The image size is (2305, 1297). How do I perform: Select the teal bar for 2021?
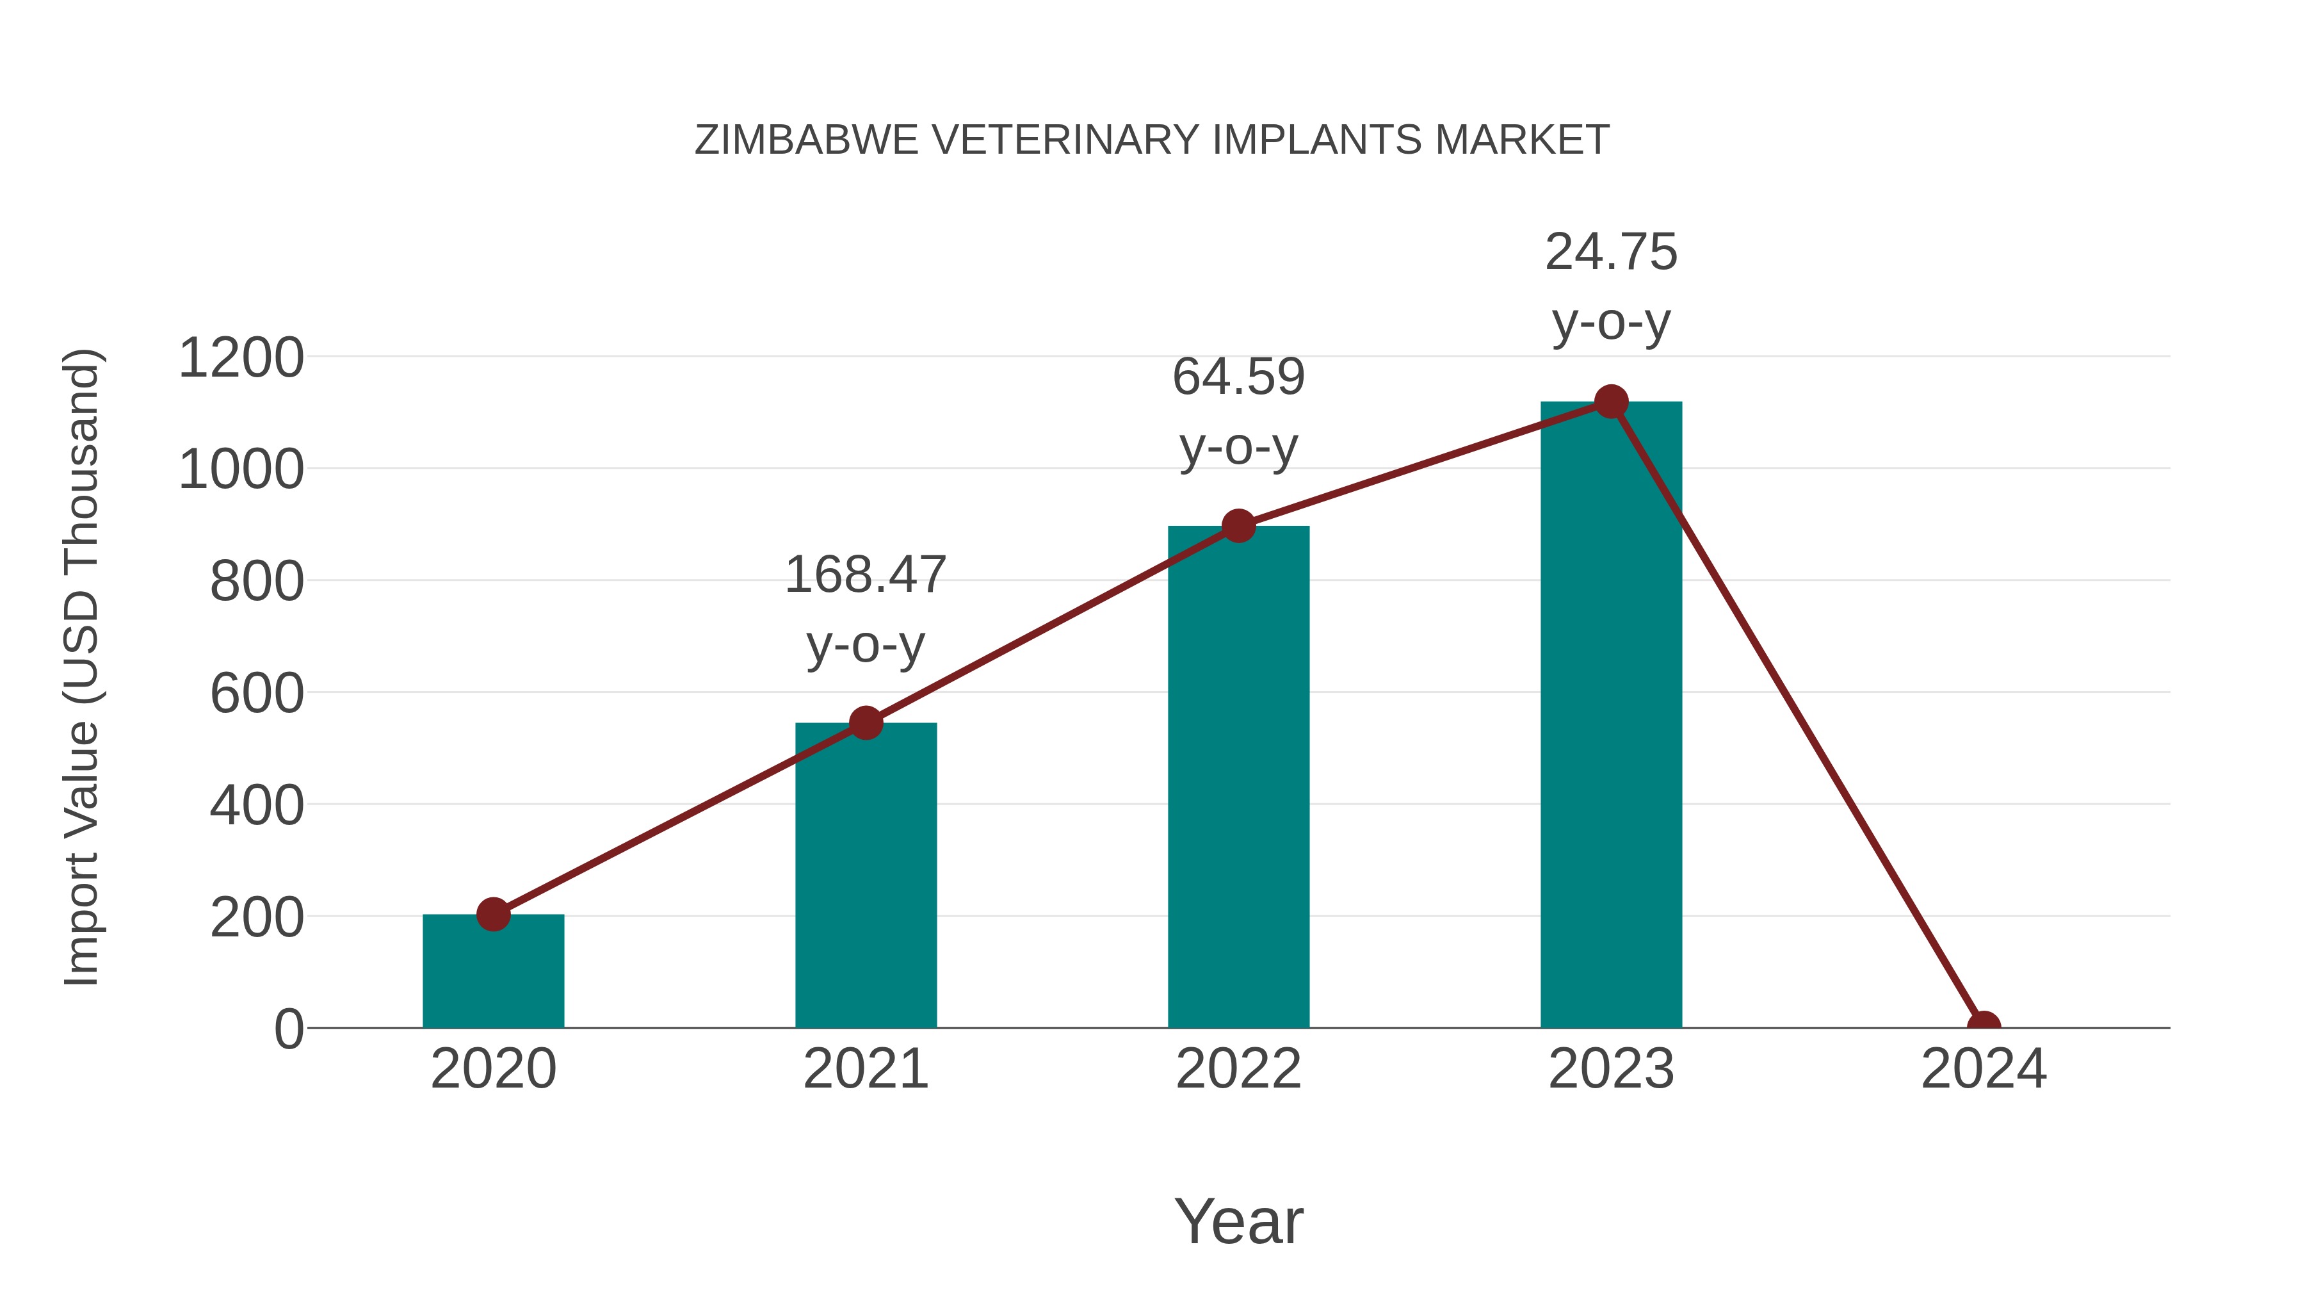click(x=865, y=877)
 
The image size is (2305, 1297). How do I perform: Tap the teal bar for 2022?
click(x=1238, y=779)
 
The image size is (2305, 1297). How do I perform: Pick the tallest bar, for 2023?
click(x=1611, y=716)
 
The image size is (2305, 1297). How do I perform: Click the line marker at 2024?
click(x=1984, y=1026)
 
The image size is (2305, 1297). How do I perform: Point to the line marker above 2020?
click(x=493, y=914)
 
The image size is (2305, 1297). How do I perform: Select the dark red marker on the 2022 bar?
click(x=1238, y=526)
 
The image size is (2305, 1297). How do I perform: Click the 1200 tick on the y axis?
click(x=241, y=358)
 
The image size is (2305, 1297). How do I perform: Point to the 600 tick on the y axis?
click(x=257, y=694)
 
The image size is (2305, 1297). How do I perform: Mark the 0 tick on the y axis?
click(x=288, y=1029)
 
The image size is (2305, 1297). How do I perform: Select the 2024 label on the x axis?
click(x=1984, y=1069)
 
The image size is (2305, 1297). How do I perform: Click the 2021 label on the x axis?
click(x=865, y=1069)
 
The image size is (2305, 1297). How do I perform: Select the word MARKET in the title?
click(x=1521, y=140)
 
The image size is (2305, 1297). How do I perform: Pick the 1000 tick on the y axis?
click(x=241, y=470)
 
